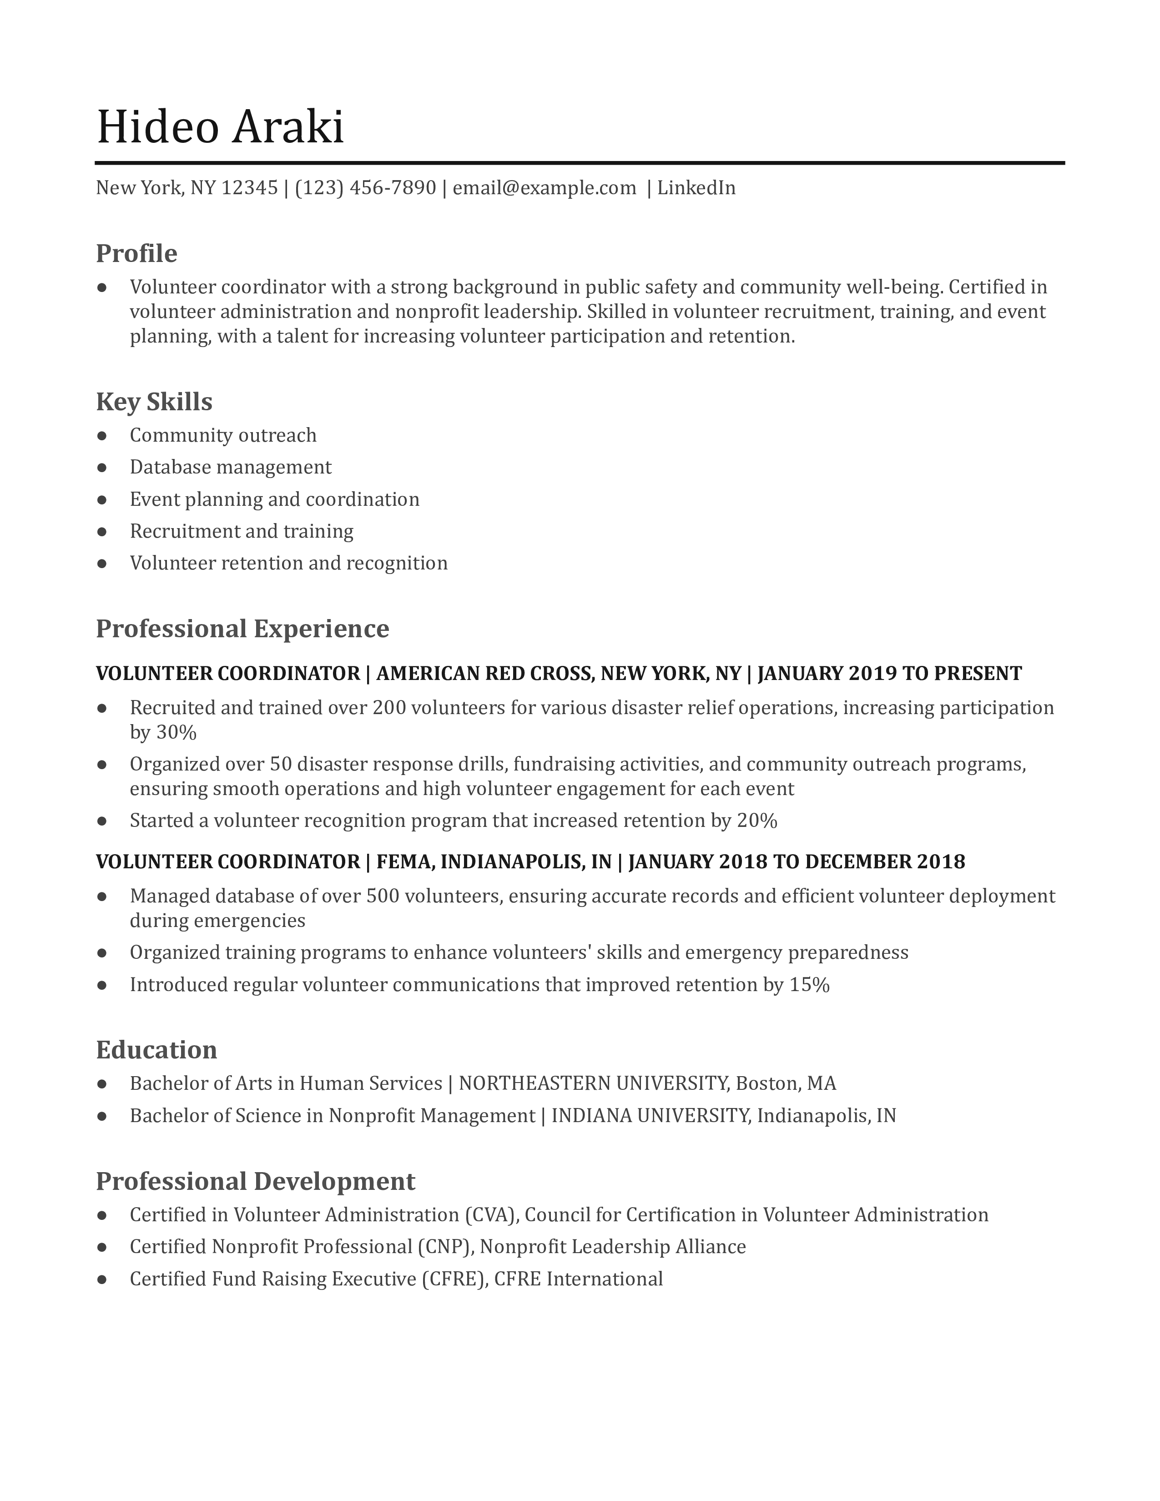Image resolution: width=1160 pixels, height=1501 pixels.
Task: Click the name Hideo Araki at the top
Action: pos(220,127)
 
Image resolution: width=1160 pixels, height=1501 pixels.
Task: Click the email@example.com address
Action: pos(544,187)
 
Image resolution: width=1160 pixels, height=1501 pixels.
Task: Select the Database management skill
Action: pos(230,467)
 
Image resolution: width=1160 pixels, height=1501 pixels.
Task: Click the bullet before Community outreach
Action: pos(102,436)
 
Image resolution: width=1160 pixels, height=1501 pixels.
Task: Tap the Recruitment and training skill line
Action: pos(241,531)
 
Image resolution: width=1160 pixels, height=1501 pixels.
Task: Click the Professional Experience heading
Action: pos(242,628)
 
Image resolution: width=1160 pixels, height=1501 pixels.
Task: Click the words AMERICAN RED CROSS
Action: pos(484,674)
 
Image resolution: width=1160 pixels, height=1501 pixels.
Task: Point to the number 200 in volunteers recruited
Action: pos(388,708)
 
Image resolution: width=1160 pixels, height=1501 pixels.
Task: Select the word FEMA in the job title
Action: pos(404,862)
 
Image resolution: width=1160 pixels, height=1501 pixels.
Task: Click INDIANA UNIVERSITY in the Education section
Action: pos(650,1115)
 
